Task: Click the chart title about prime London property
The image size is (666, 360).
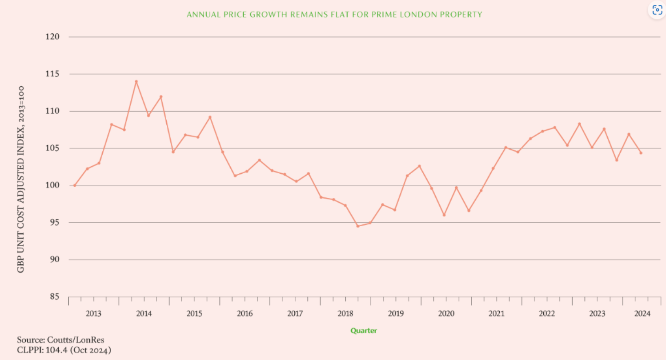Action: coord(334,15)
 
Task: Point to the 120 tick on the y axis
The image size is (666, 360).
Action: coord(52,37)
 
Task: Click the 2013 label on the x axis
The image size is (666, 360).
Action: coord(93,314)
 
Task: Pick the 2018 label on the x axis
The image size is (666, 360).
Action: coord(345,314)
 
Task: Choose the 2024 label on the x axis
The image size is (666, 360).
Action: coord(642,314)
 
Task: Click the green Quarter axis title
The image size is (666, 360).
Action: coord(364,331)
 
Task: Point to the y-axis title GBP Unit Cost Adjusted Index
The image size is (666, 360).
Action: coord(21,180)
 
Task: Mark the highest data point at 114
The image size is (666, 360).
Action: coord(136,81)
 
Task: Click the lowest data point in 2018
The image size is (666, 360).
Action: coord(357,226)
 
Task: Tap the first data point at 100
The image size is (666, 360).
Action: coord(75,185)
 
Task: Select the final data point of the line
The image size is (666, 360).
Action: coord(641,153)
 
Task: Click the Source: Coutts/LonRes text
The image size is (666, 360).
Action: coord(61,340)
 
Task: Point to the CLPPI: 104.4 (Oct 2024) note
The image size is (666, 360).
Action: coord(64,350)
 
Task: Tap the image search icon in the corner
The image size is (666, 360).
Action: coord(657,10)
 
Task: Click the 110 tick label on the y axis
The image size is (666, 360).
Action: coord(52,111)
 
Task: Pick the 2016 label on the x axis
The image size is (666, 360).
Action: coord(245,314)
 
